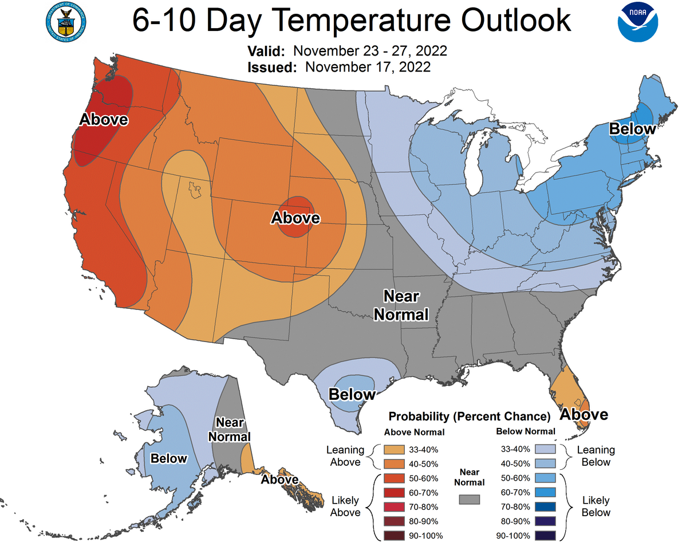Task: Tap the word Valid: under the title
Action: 266,50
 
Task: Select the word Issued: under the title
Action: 272,67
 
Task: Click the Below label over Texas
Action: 352,394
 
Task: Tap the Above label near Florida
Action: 583,414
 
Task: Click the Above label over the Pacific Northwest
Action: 104,120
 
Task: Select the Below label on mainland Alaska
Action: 169,458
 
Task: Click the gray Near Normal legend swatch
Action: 469,499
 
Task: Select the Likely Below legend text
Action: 596,506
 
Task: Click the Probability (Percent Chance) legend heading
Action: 469,416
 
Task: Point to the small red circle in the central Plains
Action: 295,216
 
